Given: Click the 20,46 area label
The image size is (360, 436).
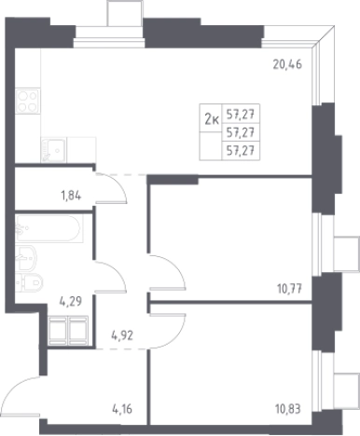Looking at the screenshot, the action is pos(287,64).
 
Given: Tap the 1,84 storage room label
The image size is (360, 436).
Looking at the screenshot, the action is pos(71,196).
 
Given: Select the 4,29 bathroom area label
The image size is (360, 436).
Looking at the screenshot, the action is pos(71,301).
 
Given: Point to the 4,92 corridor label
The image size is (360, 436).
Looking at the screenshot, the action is pos(122,335).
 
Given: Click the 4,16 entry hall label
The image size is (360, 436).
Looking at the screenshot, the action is pos(122,409).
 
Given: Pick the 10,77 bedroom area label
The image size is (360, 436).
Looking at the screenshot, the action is pos(289,289).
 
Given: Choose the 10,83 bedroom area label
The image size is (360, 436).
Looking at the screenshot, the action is pos(288,409).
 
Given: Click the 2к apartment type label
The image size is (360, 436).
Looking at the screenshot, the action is pos(212,119).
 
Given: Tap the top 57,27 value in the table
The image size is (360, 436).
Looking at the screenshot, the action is pos(241,115).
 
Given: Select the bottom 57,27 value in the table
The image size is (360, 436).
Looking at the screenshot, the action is pos(241,151).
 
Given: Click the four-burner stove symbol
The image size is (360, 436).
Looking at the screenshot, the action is pos(28,102).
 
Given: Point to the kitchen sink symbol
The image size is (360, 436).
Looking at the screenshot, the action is pos(53,150).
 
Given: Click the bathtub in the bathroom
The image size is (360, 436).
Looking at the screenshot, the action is pos(49,228).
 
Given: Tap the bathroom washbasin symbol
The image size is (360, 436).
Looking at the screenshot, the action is pos(26,258).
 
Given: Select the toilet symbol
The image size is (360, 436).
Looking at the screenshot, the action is pos(29,282).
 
